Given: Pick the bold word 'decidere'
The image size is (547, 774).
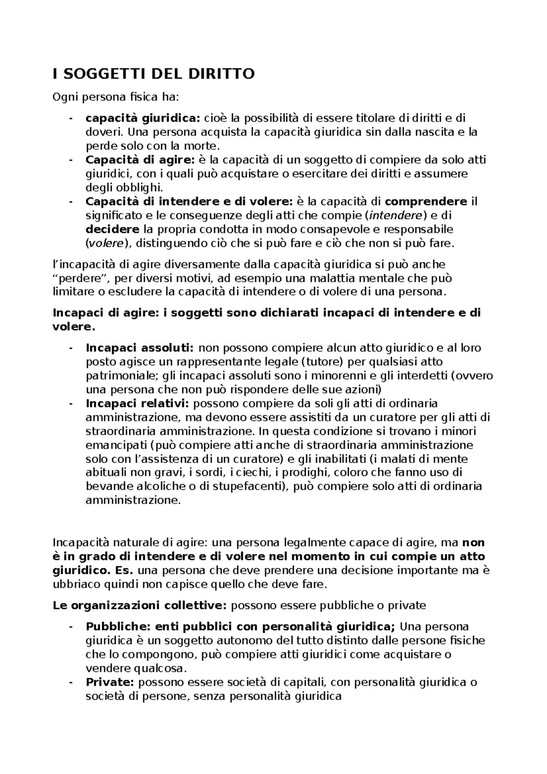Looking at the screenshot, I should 113,229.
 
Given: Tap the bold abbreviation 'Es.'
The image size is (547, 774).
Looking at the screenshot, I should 124,570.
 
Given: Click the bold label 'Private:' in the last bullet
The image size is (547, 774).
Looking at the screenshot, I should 109,682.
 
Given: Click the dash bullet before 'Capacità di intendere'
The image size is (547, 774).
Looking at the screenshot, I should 71,202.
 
